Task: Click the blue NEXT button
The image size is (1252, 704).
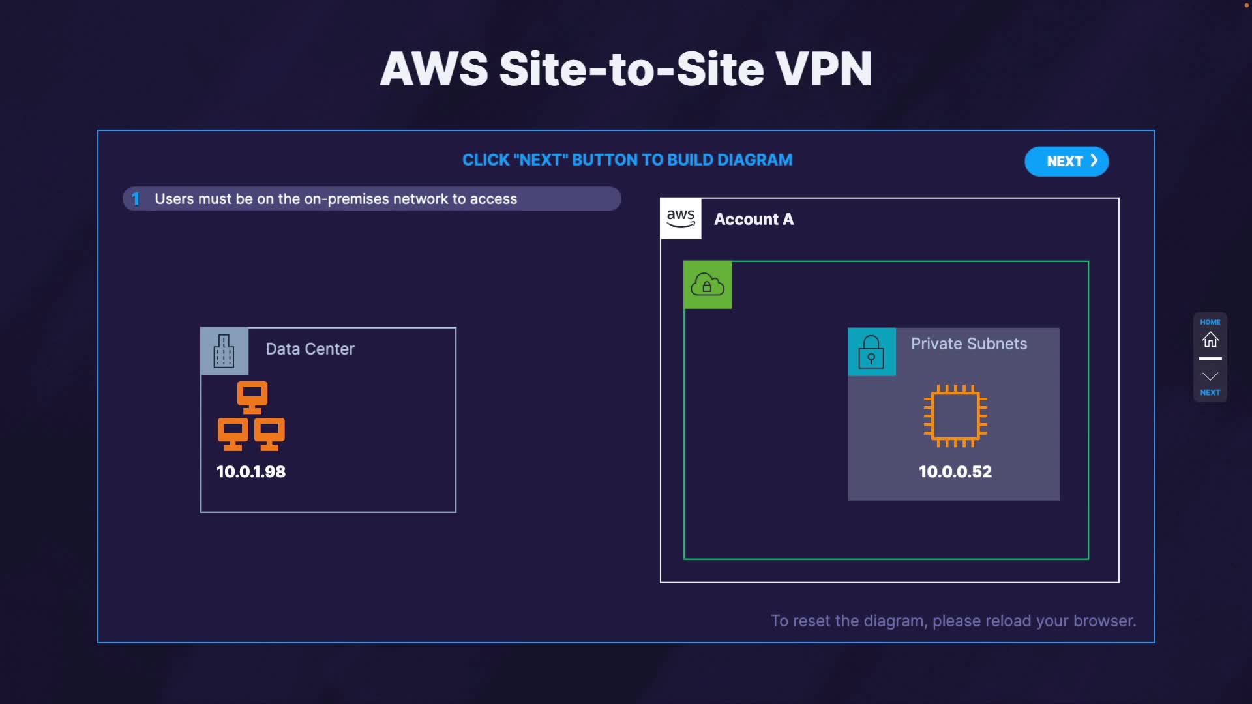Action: tap(1066, 161)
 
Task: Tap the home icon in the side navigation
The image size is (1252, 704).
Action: tap(1210, 340)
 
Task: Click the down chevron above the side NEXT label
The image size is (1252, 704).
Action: tap(1210, 376)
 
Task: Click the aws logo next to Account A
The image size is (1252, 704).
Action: tap(681, 218)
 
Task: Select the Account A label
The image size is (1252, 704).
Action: tap(754, 219)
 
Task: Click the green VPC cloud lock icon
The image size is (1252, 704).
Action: tap(708, 285)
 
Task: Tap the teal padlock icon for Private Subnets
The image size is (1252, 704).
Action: tap(871, 351)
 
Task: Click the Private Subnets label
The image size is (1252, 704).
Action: tap(969, 344)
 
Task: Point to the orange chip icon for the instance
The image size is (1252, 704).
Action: tap(955, 416)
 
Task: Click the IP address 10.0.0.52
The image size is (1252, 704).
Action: tap(955, 471)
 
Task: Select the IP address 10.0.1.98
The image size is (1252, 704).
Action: tap(251, 471)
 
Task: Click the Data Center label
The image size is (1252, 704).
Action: tap(310, 349)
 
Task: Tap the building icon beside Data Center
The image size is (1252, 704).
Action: tap(224, 351)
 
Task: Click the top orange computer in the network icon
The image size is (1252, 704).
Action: tap(252, 397)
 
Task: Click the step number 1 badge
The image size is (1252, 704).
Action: tap(136, 199)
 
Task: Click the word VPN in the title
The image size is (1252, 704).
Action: tap(824, 69)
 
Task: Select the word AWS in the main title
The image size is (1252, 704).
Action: tap(434, 69)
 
